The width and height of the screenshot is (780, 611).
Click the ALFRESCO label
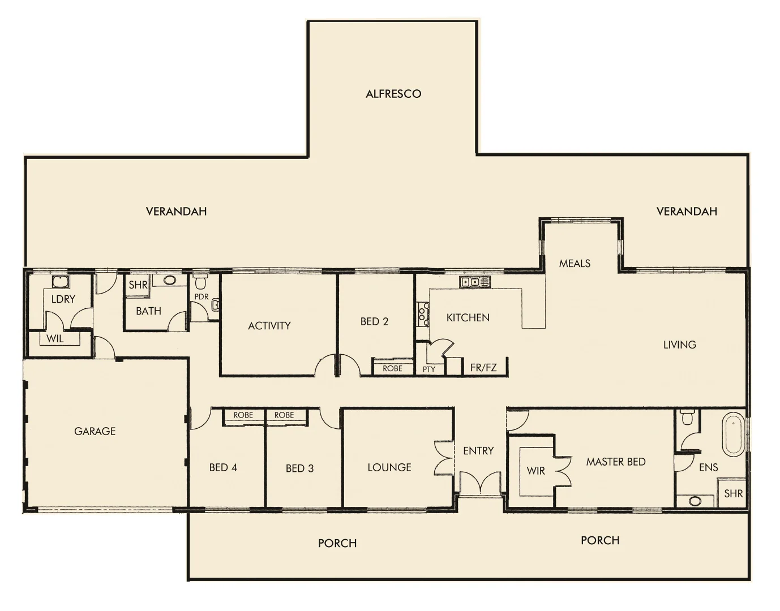coord(393,94)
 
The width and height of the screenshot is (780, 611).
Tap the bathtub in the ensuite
coord(733,435)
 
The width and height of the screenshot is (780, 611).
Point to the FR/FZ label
coord(483,368)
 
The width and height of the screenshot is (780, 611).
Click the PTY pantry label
coord(429,369)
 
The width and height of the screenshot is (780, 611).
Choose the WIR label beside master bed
coord(535,471)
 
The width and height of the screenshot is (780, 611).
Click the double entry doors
coord(481,484)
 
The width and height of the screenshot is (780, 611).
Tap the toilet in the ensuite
coord(688,418)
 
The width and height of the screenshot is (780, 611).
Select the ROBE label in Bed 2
coord(392,368)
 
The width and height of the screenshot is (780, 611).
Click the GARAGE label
coord(95,431)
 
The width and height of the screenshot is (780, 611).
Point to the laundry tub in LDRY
coord(59,281)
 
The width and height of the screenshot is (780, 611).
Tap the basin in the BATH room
coord(170,280)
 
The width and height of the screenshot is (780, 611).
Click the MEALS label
coord(575,264)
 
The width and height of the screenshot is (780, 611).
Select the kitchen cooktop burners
coord(423,315)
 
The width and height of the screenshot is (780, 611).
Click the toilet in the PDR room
coord(200,281)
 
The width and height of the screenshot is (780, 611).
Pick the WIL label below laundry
coord(55,339)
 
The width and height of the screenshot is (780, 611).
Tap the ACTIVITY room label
coord(269,326)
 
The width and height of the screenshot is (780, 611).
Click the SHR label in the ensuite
coord(733,493)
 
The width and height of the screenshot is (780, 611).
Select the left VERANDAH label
coord(176,212)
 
